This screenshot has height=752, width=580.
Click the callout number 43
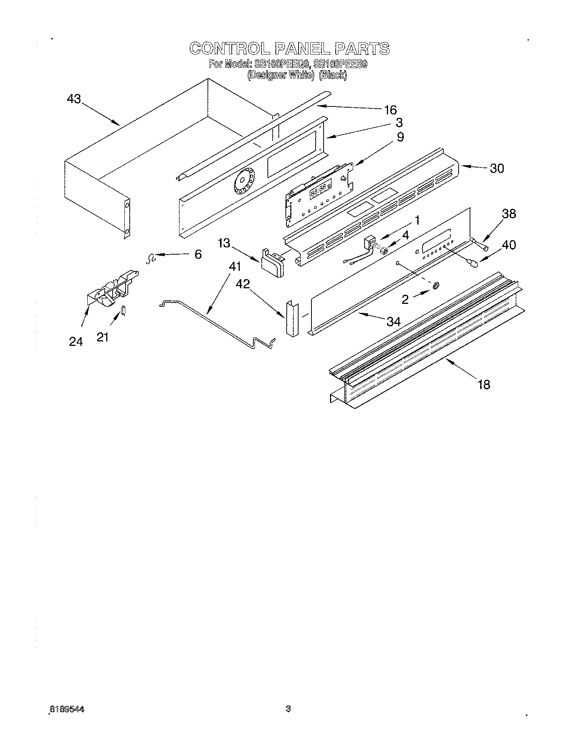pyautogui.click(x=74, y=99)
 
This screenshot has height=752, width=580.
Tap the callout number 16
pyautogui.click(x=390, y=110)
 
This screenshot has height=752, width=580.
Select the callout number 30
pyautogui.click(x=497, y=168)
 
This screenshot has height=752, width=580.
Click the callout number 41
pyautogui.click(x=235, y=267)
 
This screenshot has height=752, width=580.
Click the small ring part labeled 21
pyautogui.click(x=123, y=310)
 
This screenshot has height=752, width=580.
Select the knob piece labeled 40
pyautogui.click(x=472, y=264)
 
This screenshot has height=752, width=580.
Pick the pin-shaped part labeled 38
pyautogui.click(x=480, y=244)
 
